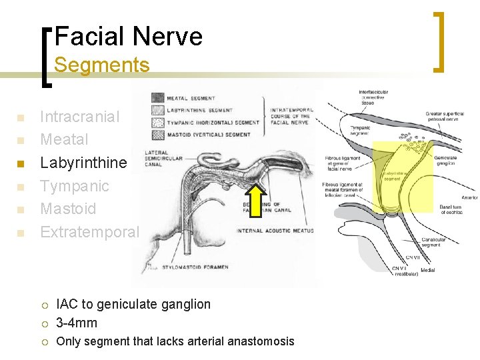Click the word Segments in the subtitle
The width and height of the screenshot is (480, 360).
point(101,65)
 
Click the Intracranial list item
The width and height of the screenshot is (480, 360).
point(80,117)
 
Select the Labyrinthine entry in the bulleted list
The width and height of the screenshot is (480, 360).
point(83,163)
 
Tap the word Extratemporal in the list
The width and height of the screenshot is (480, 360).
point(90,232)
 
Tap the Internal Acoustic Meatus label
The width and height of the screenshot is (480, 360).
point(275,231)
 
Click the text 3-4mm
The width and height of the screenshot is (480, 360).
point(77,323)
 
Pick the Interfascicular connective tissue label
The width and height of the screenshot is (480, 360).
point(373,97)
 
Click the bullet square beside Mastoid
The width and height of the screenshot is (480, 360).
point(20,210)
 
